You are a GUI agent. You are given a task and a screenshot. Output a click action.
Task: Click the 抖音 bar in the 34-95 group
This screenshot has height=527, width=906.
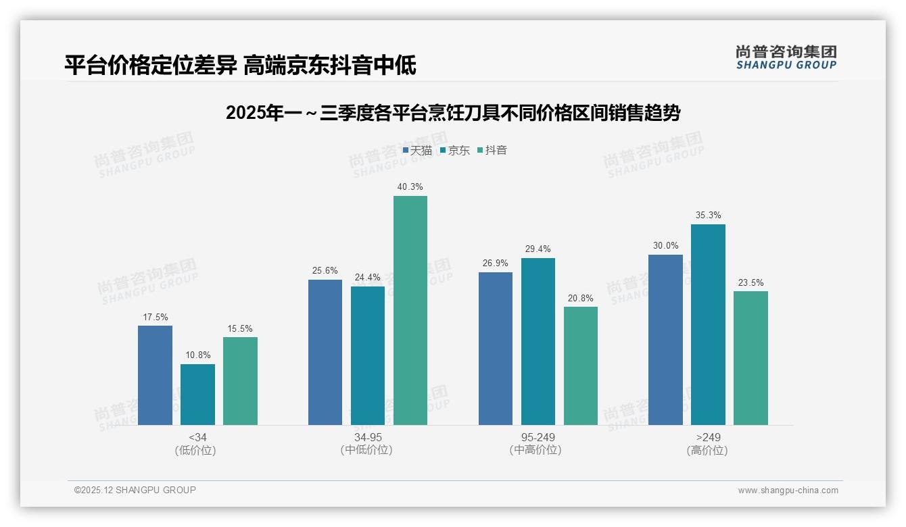tap(410, 310)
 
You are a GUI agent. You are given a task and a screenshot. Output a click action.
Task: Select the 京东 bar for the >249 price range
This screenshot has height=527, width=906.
tap(708, 324)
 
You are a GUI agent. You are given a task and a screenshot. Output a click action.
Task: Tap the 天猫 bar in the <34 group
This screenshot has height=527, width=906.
tap(155, 375)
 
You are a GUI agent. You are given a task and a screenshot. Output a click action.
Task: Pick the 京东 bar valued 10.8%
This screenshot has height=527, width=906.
tap(197, 395)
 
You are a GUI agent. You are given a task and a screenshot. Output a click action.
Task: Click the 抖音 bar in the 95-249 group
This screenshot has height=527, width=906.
tap(581, 366)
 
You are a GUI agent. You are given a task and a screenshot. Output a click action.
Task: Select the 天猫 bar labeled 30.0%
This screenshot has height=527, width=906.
tap(665, 340)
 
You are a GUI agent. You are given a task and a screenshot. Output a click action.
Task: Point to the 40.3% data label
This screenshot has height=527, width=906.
tap(410, 187)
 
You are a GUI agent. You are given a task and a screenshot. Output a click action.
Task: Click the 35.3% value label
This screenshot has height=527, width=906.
tap(708, 216)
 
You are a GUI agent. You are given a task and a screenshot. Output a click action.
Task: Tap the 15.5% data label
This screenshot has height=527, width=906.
tap(240, 329)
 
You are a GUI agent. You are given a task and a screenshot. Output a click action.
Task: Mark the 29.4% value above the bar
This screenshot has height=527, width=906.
tap(538, 249)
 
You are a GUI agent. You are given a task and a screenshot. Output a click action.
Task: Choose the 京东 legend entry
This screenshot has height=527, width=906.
tap(454, 151)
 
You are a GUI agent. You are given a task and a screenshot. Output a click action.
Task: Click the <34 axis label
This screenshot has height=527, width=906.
tap(197, 438)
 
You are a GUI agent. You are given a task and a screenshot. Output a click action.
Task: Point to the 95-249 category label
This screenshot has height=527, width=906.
tap(538, 438)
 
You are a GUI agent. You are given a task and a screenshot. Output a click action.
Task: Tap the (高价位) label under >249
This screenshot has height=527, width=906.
tap(708, 451)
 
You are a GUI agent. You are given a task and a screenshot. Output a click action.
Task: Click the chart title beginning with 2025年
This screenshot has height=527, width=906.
tap(452, 113)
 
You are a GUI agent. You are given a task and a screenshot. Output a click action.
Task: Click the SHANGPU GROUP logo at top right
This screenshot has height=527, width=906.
tap(786, 57)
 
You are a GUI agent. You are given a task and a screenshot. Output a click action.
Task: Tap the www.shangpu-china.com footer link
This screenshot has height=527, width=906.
tap(788, 491)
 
